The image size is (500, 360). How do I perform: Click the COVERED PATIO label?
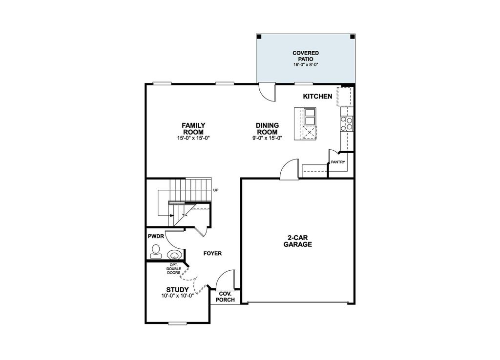pyautogui.click(x=306, y=56)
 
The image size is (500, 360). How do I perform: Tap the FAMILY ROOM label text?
pyautogui.click(x=193, y=128)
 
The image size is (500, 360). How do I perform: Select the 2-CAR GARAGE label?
pyautogui.click(x=297, y=241)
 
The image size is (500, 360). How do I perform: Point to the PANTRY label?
pyautogui.click(x=338, y=161)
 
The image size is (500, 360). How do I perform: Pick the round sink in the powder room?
pyautogui.click(x=174, y=254)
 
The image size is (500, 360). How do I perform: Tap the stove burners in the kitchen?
pyautogui.click(x=347, y=124)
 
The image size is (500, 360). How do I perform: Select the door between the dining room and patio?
pyautogui.click(x=267, y=91)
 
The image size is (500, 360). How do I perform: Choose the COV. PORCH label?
pyautogui.click(x=225, y=297)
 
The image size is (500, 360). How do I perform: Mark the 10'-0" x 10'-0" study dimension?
pyautogui.click(x=177, y=296)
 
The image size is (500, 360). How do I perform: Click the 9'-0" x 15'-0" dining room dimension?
pyautogui.click(x=267, y=138)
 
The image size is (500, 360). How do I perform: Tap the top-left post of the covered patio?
pyautogui.click(x=259, y=37)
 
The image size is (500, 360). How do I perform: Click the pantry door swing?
pyautogui.click(x=333, y=156)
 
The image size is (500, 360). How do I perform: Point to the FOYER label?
pyautogui.click(x=213, y=254)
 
